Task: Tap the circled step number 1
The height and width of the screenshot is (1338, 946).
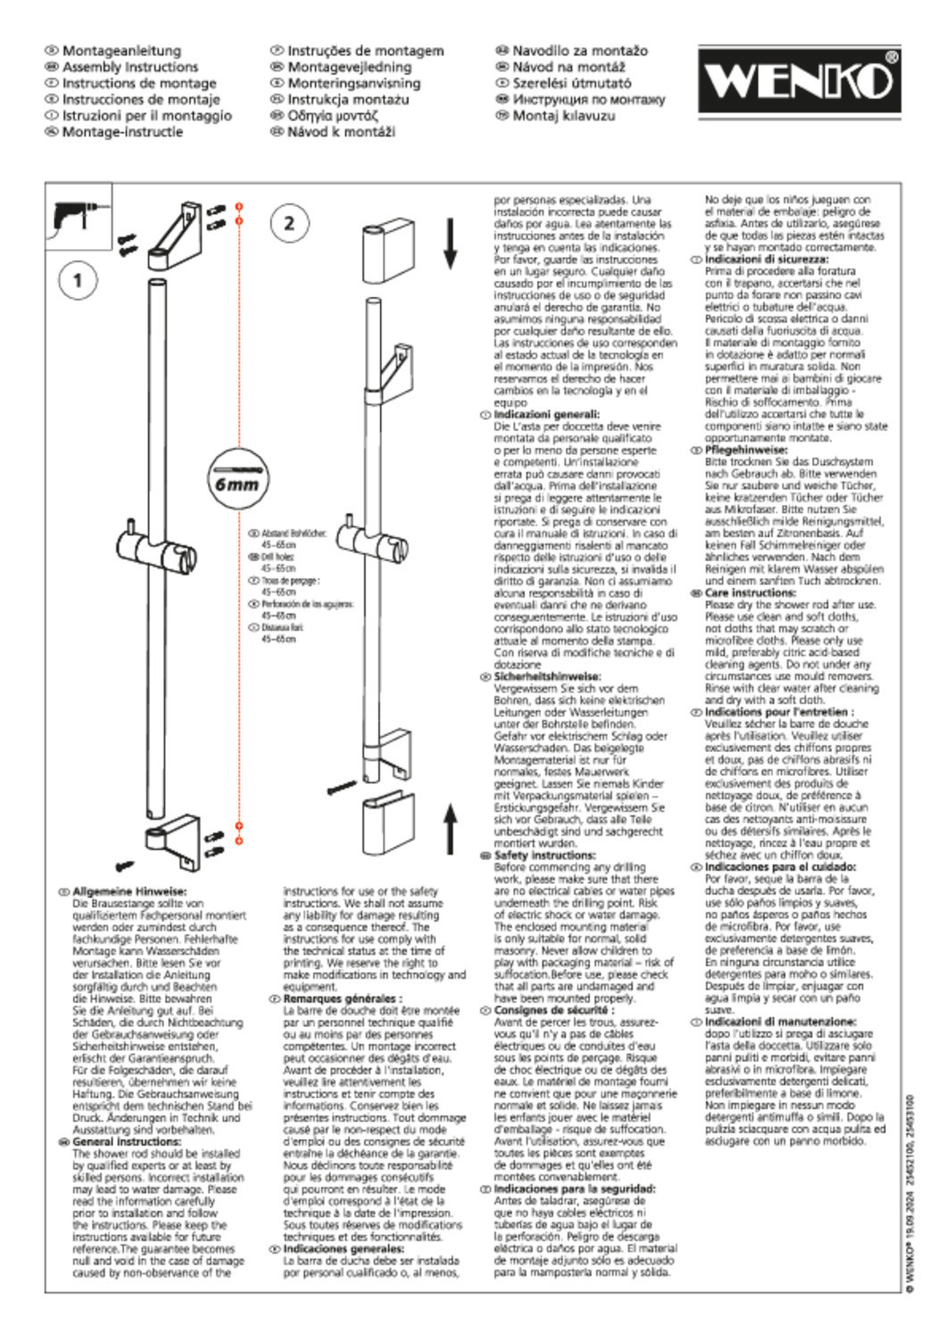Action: click(x=78, y=280)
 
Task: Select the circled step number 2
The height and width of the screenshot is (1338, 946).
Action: click(x=288, y=223)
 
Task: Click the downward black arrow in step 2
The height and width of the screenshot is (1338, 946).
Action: click(x=450, y=245)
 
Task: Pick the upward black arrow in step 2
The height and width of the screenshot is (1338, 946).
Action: click(x=450, y=826)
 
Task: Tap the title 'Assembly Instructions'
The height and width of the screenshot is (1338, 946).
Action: click(x=130, y=67)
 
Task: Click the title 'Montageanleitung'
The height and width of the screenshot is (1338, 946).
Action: click(x=121, y=51)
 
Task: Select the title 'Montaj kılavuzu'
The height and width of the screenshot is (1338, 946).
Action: click(x=563, y=115)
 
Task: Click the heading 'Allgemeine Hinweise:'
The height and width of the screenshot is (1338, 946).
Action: click(x=129, y=891)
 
